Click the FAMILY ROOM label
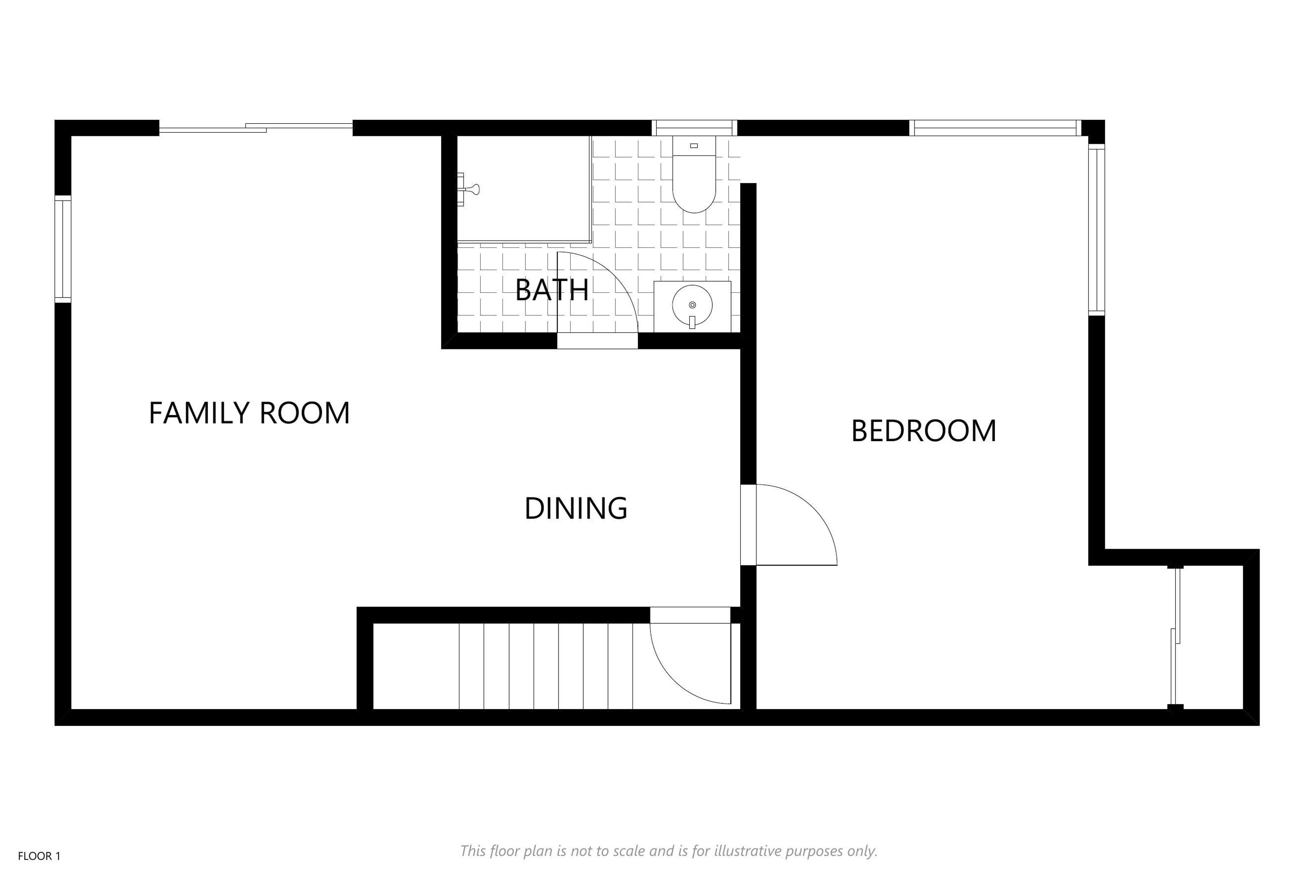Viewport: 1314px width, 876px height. click(x=249, y=413)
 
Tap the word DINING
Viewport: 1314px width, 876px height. click(x=576, y=508)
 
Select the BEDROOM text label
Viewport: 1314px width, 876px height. click(x=924, y=431)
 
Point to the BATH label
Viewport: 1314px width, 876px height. click(x=552, y=289)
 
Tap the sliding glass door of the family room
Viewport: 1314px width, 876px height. click(x=256, y=128)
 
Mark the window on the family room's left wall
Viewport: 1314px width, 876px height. click(x=63, y=249)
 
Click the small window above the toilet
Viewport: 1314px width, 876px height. click(x=694, y=128)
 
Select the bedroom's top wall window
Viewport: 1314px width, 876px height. click(x=995, y=128)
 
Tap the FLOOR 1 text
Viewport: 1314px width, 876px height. click(x=39, y=856)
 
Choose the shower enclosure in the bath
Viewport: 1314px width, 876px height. click(x=524, y=189)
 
